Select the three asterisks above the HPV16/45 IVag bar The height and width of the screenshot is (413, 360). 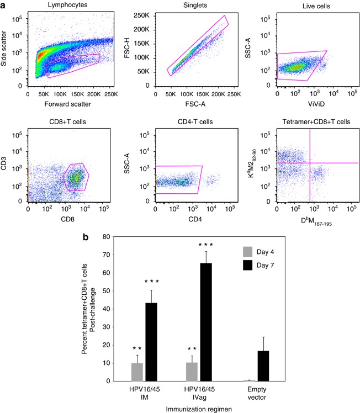[x=205, y=244]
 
